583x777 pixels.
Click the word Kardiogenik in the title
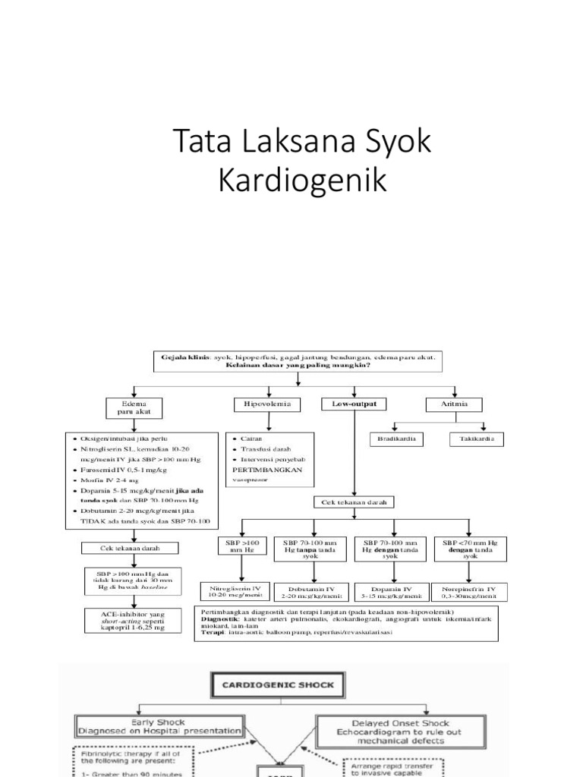291,181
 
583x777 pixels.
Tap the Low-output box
354,404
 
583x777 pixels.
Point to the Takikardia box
480,439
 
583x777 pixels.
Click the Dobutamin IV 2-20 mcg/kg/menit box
312,591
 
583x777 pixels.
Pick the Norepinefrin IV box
468,591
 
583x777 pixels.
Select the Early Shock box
159,726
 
